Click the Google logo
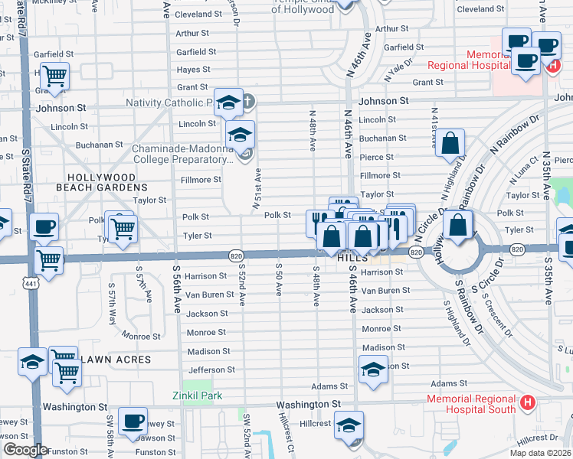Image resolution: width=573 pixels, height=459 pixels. click(25, 450)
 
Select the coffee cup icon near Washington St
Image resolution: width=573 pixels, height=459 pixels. click(133, 420)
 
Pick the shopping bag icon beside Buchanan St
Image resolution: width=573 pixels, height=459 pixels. click(450, 143)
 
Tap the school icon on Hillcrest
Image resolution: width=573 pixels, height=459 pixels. click(349, 425)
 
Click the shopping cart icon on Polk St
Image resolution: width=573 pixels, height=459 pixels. click(123, 229)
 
